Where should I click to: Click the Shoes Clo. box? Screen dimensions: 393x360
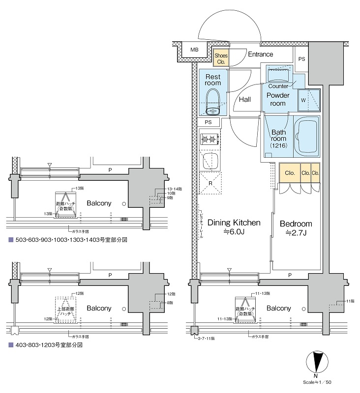coord(221,59)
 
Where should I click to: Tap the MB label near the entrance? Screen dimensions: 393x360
coord(195,50)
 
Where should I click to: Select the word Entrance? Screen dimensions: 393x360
coord(260,55)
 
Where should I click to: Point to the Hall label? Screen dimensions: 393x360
coord(245,100)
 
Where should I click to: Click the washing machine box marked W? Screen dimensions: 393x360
coord(303,100)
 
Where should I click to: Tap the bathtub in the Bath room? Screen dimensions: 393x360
coord(307,137)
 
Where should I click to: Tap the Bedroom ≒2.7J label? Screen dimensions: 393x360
coord(296,228)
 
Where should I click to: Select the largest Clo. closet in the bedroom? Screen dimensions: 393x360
coord(289,173)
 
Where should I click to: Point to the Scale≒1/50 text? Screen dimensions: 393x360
coord(320,382)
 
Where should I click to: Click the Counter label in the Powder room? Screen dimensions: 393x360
coord(278,86)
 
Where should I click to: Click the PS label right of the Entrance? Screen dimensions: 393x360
coord(301,59)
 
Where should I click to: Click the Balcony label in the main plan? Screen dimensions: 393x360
coord(279,309)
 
